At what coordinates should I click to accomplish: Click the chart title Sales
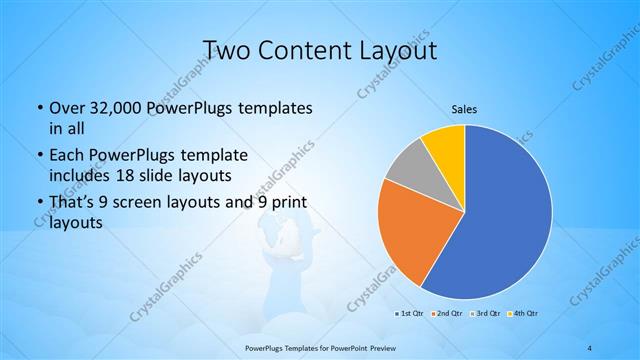(x=464, y=109)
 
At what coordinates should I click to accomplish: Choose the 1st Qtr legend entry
(x=409, y=314)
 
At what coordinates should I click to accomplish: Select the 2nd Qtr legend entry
(x=447, y=314)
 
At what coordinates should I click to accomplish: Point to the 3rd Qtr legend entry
(x=487, y=314)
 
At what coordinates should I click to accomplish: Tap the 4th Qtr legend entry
(x=525, y=314)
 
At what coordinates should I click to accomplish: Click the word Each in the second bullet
(x=68, y=156)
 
